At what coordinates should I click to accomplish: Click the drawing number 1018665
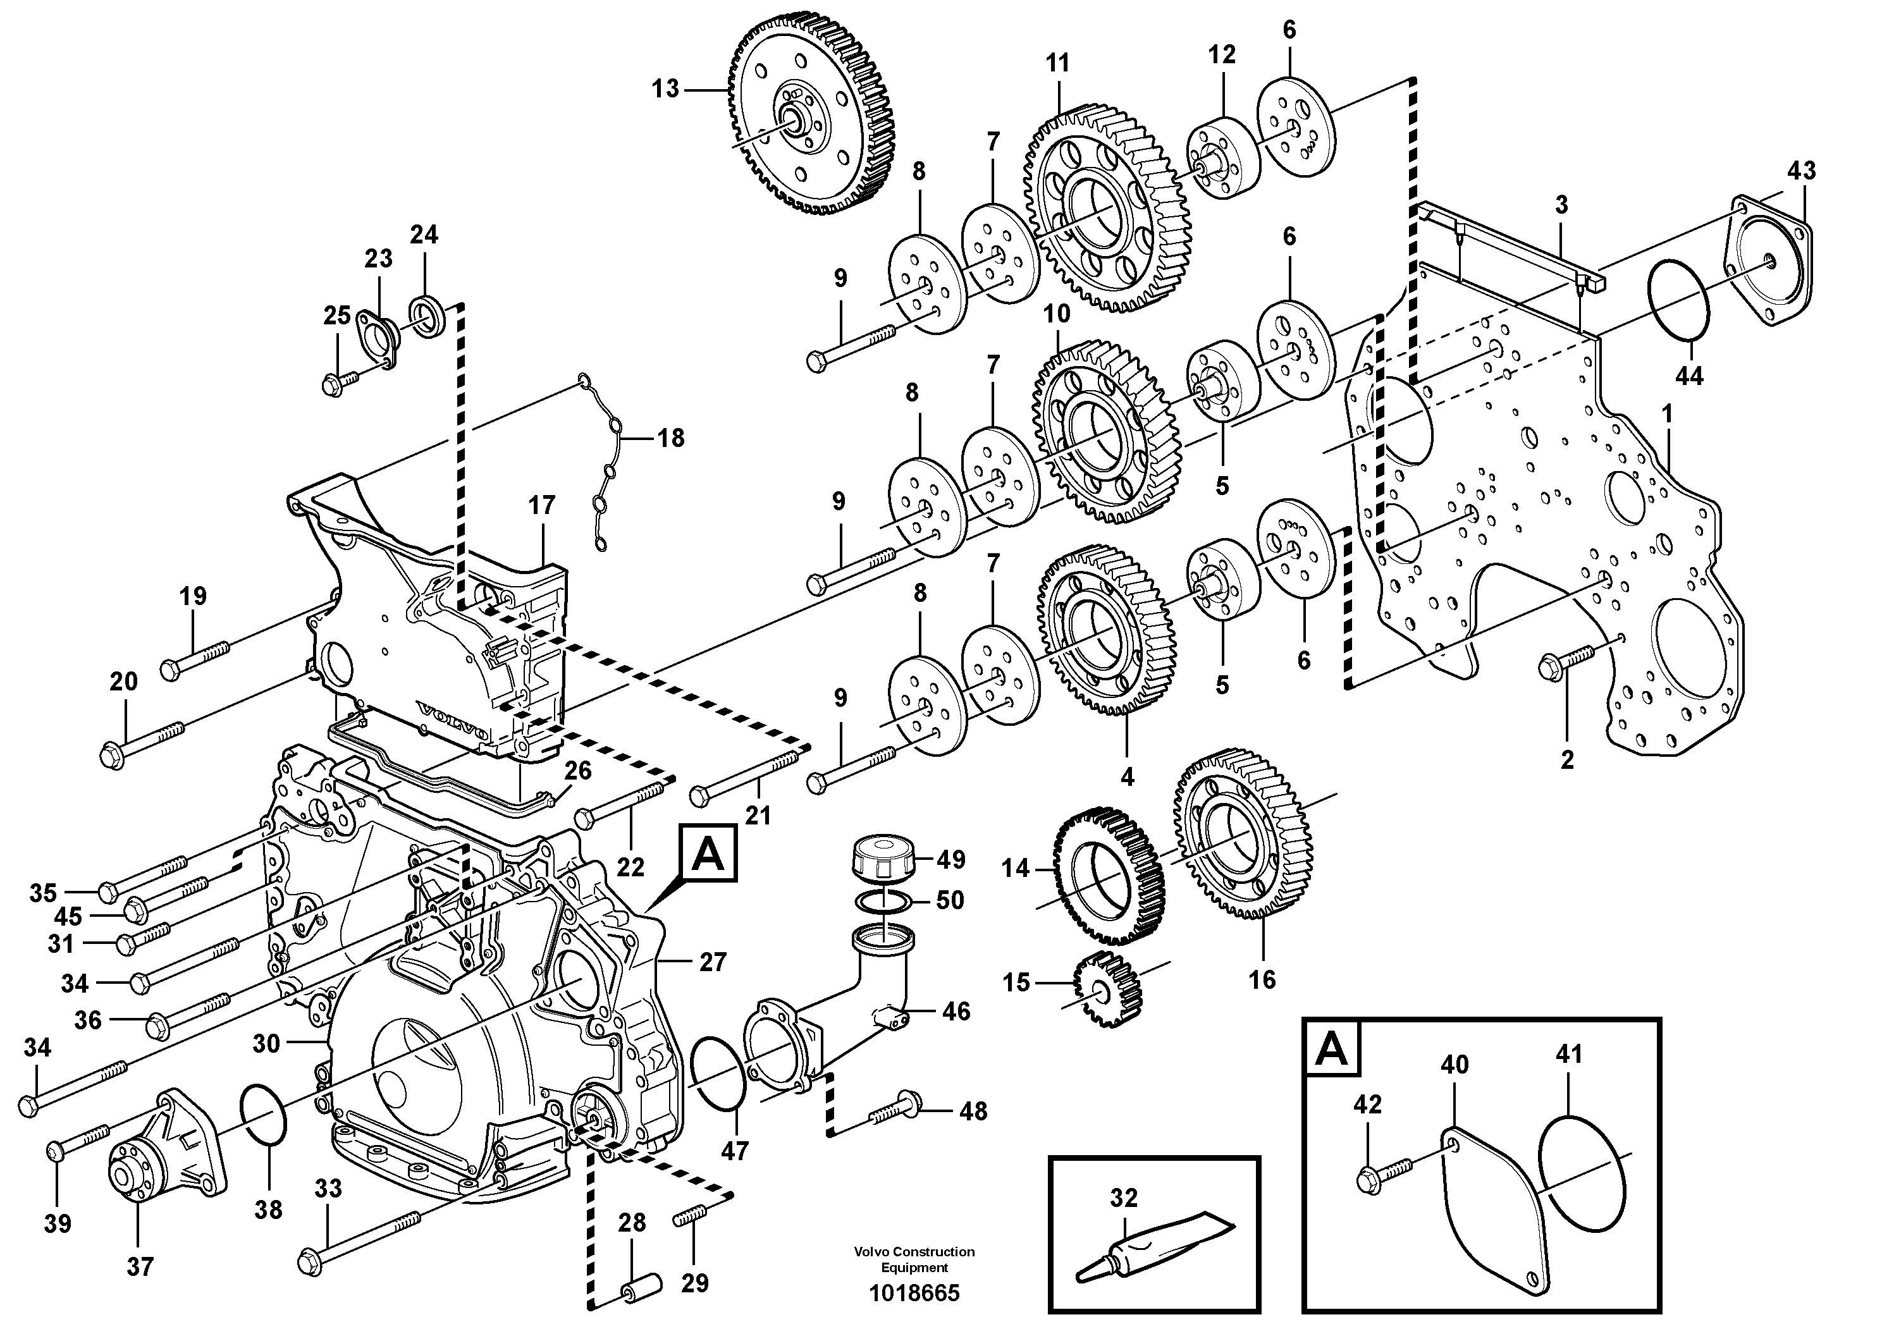pyautogui.click(x=914, y=1294)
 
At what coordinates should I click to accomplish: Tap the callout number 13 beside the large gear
pyautogui.click(x=665, y=89)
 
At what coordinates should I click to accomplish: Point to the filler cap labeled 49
pyautogui.click(x=882, y=858)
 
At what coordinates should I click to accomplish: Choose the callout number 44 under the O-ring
pyautogui.click(x=1688, y=376)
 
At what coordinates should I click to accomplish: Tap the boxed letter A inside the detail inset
pyautogui.click(x=1332, y=1048)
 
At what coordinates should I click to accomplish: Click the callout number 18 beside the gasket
pyautogui.click(x=670, y=438)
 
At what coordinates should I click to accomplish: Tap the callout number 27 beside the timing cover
pyautogui.click(x=712, y=962)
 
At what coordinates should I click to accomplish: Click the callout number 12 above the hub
pyautogui.click(x=1221, y=55)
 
